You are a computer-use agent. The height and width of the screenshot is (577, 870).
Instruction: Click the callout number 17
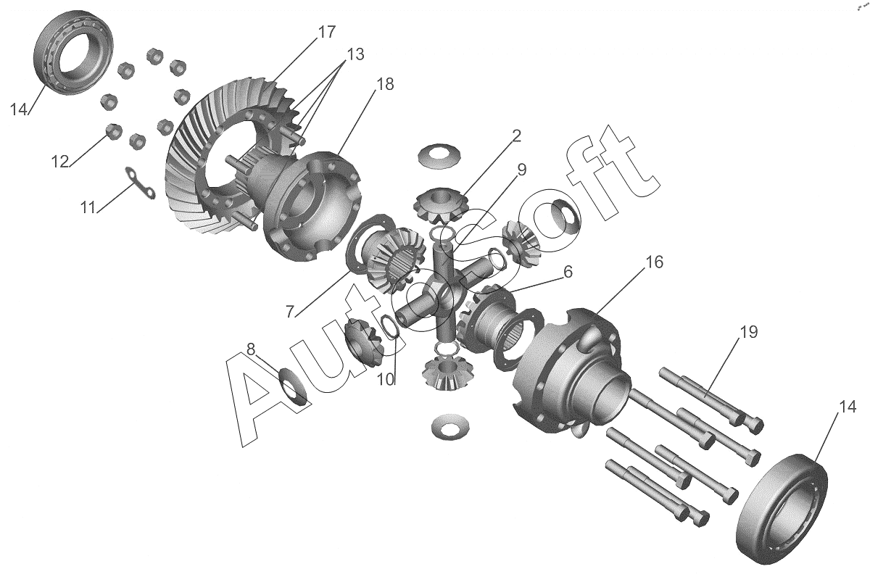pyautogui.click(x=326, y=32)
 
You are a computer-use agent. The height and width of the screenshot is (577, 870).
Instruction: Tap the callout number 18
pyautogui.click(x=385, y=84)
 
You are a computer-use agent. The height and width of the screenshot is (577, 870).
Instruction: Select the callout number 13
pyautogui.click(x=355, y=54)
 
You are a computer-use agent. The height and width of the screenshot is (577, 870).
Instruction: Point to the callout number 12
pyautogui.click(x=60, y=162)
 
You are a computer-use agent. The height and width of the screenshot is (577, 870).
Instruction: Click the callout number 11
pyautogui.click(x=88, y=207)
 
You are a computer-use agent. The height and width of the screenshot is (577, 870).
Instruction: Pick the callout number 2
pyautogui.click(x=516, y=136)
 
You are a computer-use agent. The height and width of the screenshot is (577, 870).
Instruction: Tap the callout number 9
pyautogui.click(x=521, y=170)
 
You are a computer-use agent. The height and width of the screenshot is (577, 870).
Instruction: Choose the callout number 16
pyautogui.click(x=655, y=262)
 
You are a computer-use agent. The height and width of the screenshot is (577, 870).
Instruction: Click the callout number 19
pyautogui.click(x=748, y=332)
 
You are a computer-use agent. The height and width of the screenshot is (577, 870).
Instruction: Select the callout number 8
pyautogui.click(x=251, y=349)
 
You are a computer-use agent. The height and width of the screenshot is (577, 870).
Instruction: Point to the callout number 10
pyautogui.click(x=386, y=380)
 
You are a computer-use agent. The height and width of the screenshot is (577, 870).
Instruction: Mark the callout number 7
pyautogui.click(x=290, y=312)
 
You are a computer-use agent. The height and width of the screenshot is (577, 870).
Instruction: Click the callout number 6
pyautogui.click(x=568, y=272)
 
